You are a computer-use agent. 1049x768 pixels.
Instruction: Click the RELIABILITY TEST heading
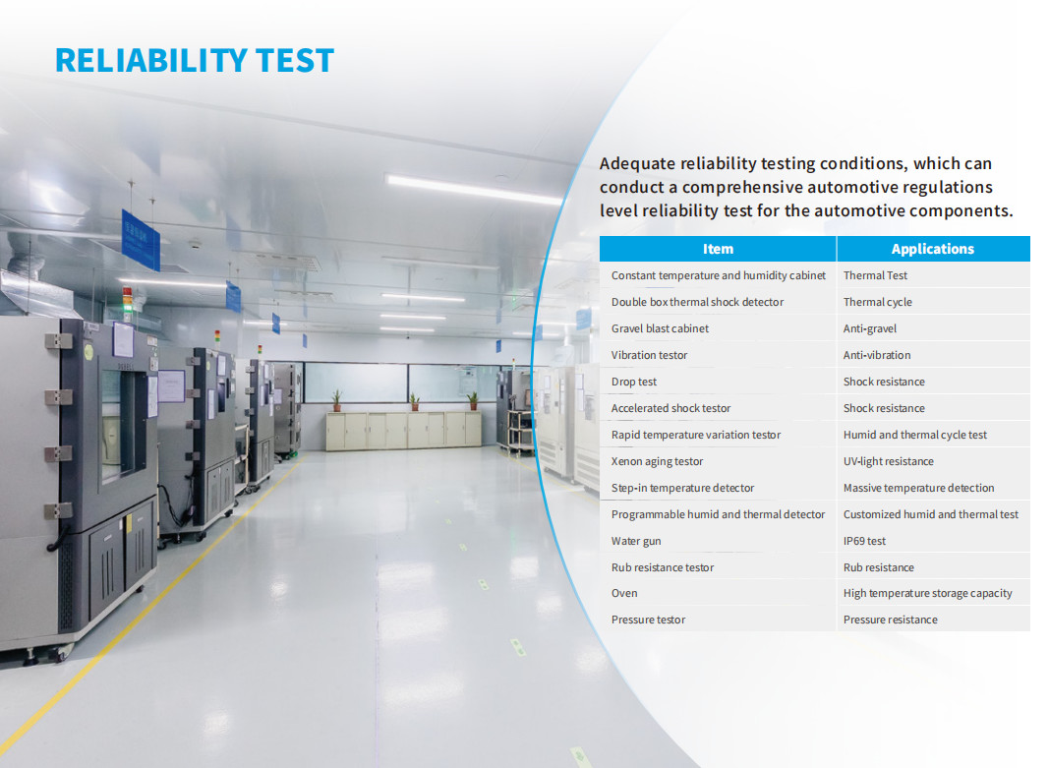click(194, 60)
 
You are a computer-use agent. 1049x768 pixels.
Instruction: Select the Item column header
click(718, 249)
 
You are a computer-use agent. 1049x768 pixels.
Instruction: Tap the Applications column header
click(933, 249)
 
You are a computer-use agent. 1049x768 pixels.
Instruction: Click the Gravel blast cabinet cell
click(660, 328)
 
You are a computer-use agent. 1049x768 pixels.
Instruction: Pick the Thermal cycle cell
click(878, 302)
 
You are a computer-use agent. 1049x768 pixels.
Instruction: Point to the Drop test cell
click(633, 382)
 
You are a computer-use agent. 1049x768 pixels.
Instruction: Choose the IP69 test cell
click(864, 541)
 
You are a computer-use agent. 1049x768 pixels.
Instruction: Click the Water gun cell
click(635, 541)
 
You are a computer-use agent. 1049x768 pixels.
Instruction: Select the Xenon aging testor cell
click(657, 461)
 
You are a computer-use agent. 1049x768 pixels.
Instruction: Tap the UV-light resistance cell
click(889, 461)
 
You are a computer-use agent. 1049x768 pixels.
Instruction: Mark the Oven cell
click(624, 593)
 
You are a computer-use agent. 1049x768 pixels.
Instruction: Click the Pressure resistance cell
click(891, 620)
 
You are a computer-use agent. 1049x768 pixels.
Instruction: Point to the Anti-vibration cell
click(877, 355)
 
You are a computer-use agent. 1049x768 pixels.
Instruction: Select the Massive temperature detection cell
click(918, 488)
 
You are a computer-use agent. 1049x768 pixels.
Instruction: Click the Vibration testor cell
click(649, 355)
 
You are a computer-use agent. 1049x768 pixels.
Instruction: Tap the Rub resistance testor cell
click(663, 567)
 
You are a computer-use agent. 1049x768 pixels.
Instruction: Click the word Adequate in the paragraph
click(637, 164)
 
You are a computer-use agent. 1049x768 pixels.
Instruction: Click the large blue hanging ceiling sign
click(141, 240)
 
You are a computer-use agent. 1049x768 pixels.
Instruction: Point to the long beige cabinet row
click(403, 430)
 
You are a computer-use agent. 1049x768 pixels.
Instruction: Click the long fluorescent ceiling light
click(474, 189)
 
